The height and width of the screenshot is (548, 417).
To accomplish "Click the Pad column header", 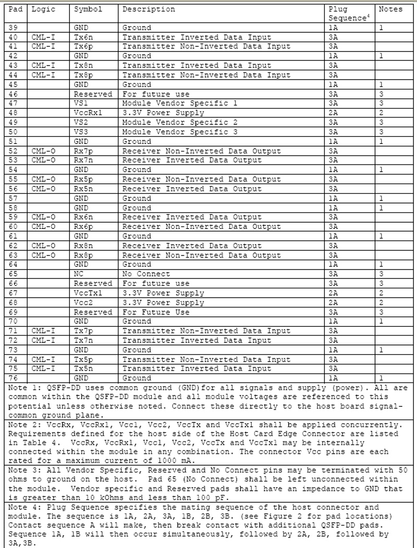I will (14, 9).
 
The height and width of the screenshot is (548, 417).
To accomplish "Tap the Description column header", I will (149, 9).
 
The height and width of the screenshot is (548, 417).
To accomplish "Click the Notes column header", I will (390, 9).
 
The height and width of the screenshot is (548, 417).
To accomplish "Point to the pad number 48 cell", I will (14, 113).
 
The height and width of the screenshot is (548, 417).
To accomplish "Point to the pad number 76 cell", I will (14, 378).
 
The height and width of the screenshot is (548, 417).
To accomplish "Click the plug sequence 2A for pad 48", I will (334, 113).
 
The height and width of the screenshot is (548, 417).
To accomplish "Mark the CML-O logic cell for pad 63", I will (43, 255).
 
